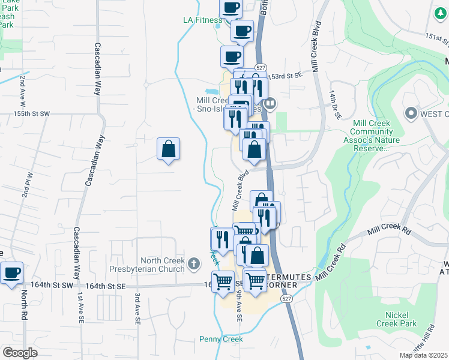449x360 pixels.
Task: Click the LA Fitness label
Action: click(x=203, y=20)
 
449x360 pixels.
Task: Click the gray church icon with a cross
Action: click(x=193, y=263)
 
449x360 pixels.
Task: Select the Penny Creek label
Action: click(x=221, y=340)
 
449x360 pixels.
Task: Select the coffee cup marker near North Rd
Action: click(x=11, y=273)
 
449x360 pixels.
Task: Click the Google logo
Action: click(x=20, y=353)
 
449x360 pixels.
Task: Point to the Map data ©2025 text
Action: click(x=423, y=355)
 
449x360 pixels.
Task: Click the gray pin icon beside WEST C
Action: click(x=411, y=113)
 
